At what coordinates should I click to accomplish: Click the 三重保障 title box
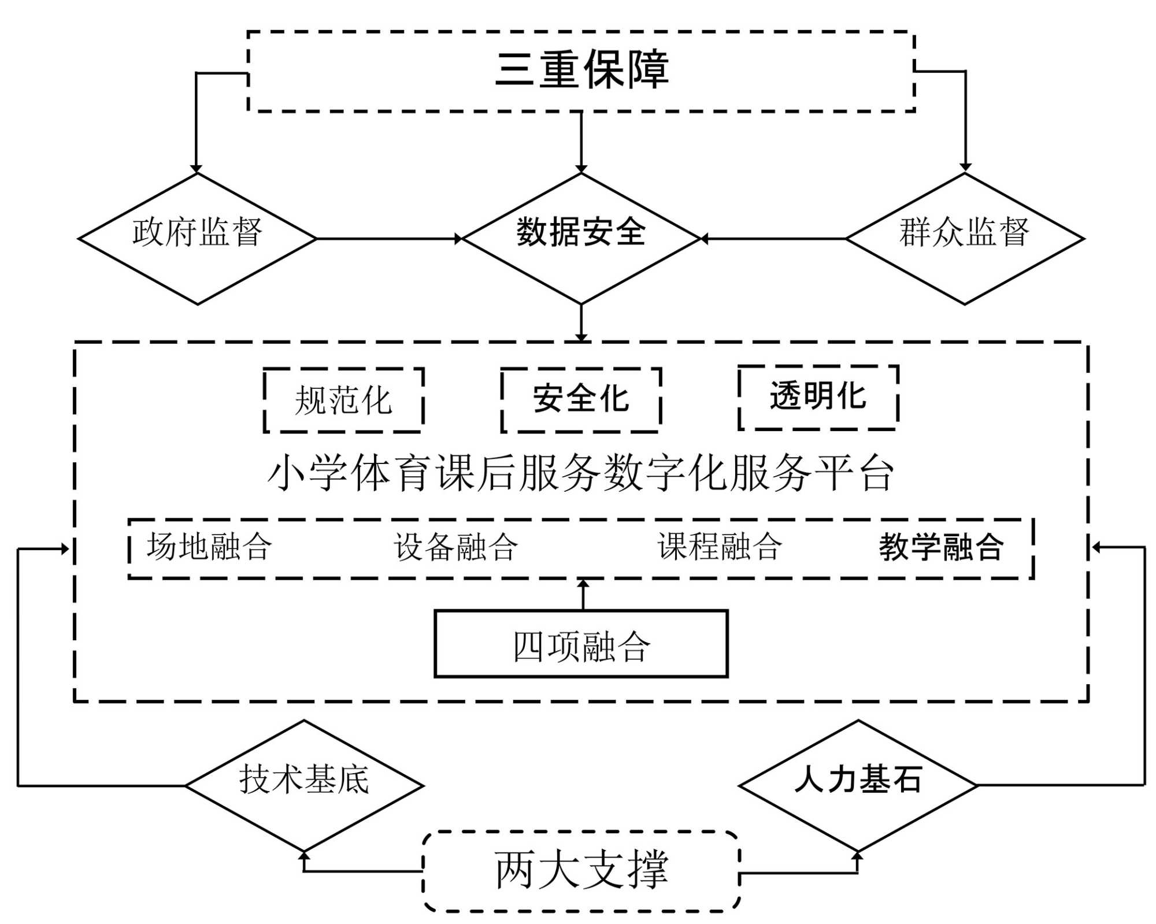[x=581, y=70]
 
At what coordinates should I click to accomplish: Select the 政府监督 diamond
[x=197, y=238]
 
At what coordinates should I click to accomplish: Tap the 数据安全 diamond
[x=581, y=238]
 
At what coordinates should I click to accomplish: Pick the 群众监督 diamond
[x=964, y=238]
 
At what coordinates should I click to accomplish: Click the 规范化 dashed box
[x=343, y=400]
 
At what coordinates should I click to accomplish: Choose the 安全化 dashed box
[x=581, y=400]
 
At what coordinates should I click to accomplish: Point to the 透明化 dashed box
[x=818, y=398]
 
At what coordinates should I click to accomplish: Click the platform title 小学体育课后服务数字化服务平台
[x=581, y=473]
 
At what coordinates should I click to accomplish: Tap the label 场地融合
[x=209, y=547]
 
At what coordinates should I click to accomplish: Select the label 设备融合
[x=456, y=547]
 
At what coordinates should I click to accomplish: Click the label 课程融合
[x=720, y=547]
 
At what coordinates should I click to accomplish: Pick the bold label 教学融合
[x=941, y=547]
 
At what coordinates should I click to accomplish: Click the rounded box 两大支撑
[x=581, y=871]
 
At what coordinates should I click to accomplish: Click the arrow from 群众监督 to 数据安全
[x=773, y=238]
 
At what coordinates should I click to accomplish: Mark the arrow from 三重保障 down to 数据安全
[x=581, y=142]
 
